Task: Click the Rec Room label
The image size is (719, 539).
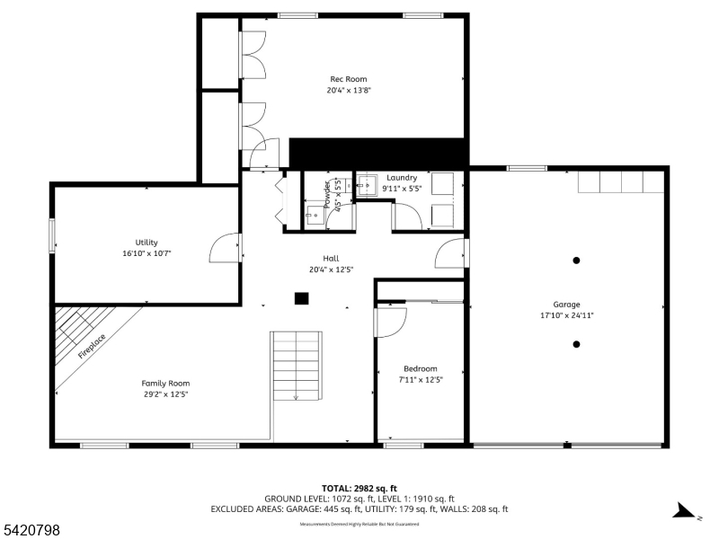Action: point(348,79)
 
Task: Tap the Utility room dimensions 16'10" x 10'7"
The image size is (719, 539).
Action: point(146,254)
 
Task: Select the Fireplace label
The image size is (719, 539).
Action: point(92,346)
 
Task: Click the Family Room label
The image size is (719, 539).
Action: point(165,383)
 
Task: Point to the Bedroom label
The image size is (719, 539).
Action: point(420,368)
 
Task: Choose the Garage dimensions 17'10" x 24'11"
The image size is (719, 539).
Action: point(566,315)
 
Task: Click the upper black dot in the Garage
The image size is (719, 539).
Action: point(576,261)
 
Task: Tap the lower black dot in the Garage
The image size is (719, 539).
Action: point(576,344)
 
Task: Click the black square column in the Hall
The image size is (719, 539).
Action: point(302,298)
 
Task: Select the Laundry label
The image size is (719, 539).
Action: point(402,178)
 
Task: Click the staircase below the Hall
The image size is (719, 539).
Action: point(297,366)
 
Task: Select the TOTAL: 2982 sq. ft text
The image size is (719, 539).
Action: point(359,488)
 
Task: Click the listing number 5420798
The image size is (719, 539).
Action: point(31,531)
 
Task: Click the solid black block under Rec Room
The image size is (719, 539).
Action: point(377,153)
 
